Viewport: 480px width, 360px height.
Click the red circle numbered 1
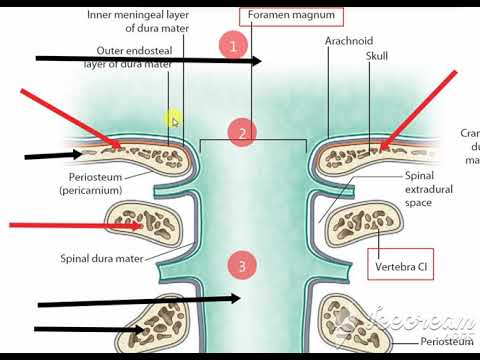tap(233, 46)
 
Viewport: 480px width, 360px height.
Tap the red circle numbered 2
tap(241, 132)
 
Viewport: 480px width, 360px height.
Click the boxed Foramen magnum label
tap(291, 16)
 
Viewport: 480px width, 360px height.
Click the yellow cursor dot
tap(173, 120)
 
